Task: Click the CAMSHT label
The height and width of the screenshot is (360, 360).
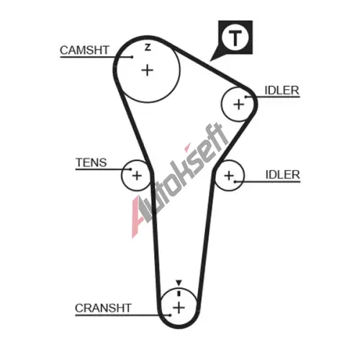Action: pyautogui.click(x=84, y=50)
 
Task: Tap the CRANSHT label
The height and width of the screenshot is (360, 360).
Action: pyautogui.click(x=103, y=308)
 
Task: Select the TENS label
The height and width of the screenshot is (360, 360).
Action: pyautogui.click(x=91, y=163)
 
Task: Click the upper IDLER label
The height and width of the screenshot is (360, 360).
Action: pyautogui.click(x=282, y=91)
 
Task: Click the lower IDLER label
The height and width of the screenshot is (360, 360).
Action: pyautogui.click(x=283, y=175)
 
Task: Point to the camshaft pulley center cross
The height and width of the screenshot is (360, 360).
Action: pyautogui.click(x=148, y=71)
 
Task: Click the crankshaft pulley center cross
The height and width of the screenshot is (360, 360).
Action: pyautogui.click(x=179, y=307)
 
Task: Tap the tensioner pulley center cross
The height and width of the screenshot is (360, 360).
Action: pyautogui.click(x=137, y=176)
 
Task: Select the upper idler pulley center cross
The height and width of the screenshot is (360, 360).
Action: pyautogui.click(x=239, y=104)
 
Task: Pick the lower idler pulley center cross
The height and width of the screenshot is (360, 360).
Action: pyautogui.click(x=229, y=176)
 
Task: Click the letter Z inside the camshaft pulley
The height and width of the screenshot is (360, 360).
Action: pyautogui.click(x=148, y=48)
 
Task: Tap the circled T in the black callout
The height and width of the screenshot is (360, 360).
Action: pyautogui.click(x=235, y=38)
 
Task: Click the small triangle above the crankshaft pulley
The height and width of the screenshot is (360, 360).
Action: pyautogui.click(x=179, y=282)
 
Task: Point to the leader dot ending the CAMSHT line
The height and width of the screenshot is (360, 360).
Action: pyautogui.click(x=132, y=57)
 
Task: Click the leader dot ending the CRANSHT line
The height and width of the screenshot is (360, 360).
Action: pyautogui.click(x=170, y=315)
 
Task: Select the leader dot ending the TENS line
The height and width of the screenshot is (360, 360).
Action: pyautogui.click(x=130, y=169)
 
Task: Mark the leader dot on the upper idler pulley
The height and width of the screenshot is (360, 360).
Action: pyautogui.click(x=246, y=97)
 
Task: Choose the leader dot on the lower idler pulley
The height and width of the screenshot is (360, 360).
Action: pyautogui.click(x=235, y=181)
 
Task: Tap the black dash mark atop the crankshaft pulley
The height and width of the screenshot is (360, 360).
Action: pyautogui.click(x=179, y=293)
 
